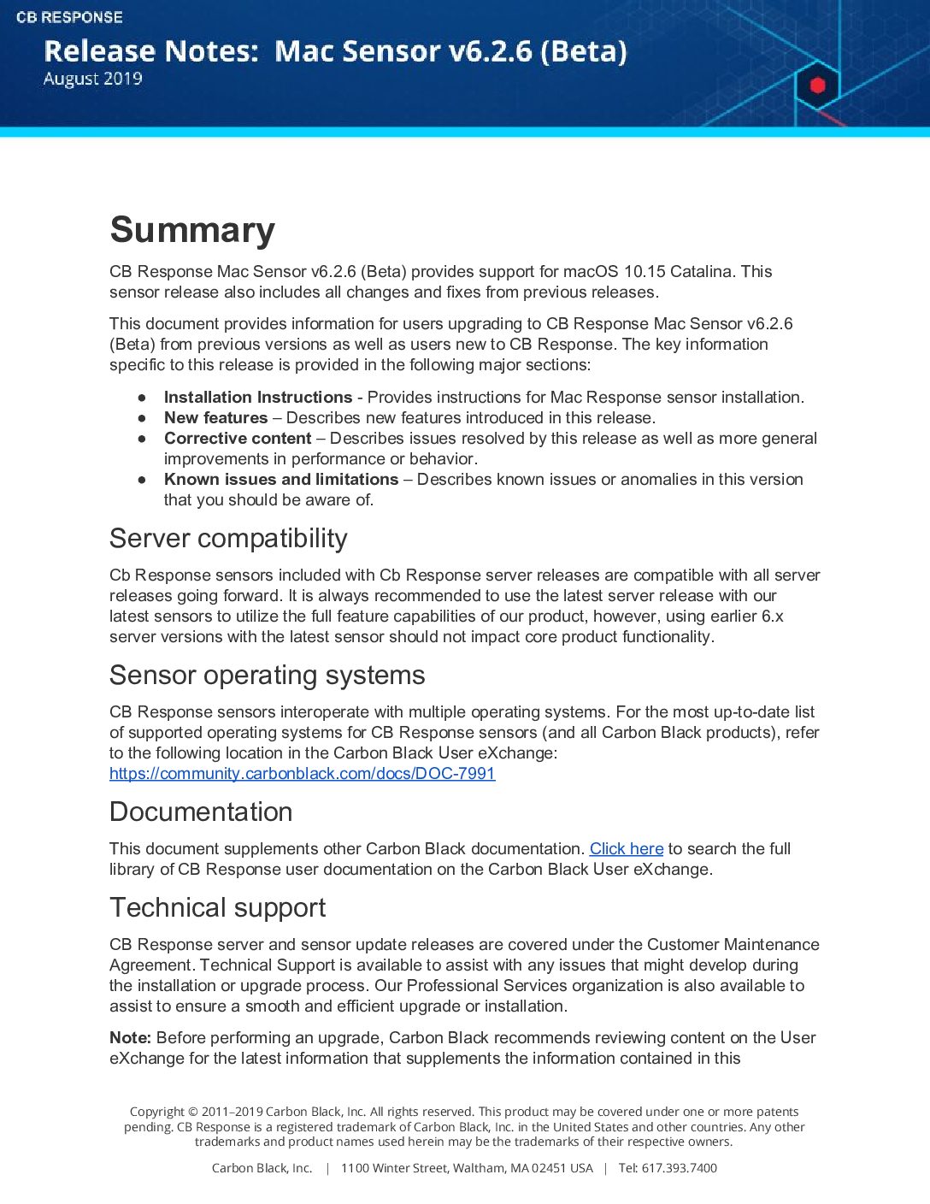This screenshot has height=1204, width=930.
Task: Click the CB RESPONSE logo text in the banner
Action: [69, 17]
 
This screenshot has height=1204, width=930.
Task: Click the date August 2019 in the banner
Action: [92, 79]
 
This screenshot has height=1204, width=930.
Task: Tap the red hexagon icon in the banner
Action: [817, 85]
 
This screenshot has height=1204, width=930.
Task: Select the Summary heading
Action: [192, 230]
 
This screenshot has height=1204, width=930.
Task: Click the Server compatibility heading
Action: [228, 539]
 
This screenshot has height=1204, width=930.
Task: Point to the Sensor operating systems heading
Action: [267, 676]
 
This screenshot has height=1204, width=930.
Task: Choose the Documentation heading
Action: [201, 812]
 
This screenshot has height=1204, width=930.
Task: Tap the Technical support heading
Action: [217, 908]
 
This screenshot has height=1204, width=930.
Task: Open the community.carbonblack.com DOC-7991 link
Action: [302, 774]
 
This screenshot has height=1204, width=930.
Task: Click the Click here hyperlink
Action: [627, 849]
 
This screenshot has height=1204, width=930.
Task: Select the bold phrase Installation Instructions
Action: [257, 398]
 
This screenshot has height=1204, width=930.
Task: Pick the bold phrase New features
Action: [215, 418]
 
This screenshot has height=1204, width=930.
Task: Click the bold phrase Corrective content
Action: [238, 439]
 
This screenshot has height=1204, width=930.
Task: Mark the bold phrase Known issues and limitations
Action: [281, 480]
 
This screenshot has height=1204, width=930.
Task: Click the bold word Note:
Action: [130, 1038]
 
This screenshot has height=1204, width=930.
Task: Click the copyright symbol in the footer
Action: [192, 1112]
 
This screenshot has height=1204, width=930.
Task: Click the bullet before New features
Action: [142, 418]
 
